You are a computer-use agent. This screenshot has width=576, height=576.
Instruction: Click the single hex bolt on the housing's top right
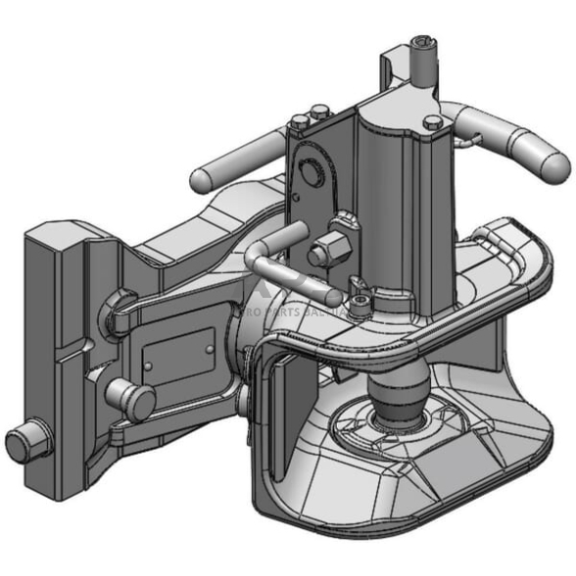pyautogui.click(x=433, y=122)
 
